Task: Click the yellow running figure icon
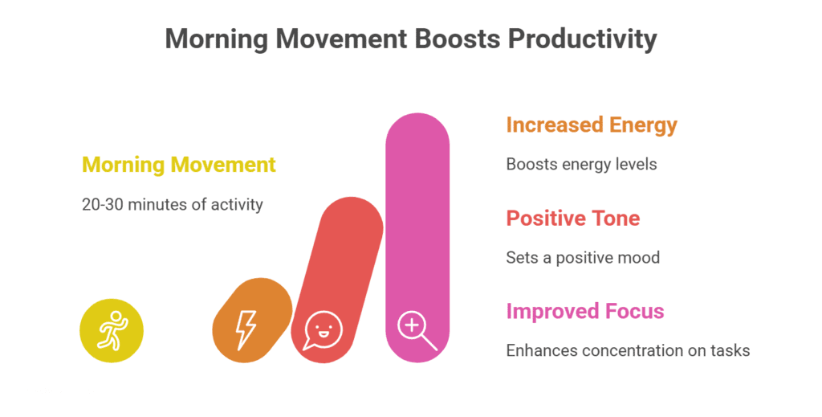coord(112,330)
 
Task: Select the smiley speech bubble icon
coord(323,331)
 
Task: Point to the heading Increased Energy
coord(592,125)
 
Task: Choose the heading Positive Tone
coord(572,218)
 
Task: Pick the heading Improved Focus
coord(584,311)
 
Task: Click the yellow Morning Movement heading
coord(179,165)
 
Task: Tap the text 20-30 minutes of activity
coord(173,204)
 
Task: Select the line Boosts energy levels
coord(581,164)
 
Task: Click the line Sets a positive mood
coord(583,257)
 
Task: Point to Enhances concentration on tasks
coord(628,350)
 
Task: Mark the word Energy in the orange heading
coord(643,125)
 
